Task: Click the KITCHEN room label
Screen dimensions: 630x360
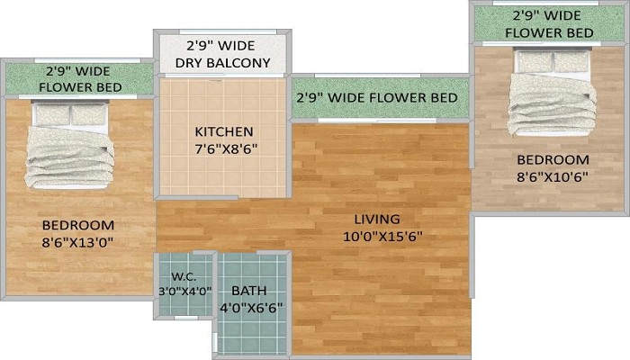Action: [x=224, y=131]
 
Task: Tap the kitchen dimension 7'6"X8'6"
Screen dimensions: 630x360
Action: [x=226, y=149]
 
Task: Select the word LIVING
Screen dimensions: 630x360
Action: [x=377, y=220]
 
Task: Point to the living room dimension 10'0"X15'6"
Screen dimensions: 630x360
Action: [x=382, y=237]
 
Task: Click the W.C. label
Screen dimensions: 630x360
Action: [x=184, y=277]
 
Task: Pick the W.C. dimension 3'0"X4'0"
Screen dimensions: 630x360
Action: [x=184, y=292]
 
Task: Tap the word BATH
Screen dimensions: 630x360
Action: [x=248, y=291]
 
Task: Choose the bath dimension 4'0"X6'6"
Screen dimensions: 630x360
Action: [x=251, y=308]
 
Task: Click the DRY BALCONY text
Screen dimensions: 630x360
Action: [x=222, y=63]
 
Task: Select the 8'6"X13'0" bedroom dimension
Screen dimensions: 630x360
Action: [x=77, y=243]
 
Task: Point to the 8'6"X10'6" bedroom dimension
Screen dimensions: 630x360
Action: [x=553, y=177]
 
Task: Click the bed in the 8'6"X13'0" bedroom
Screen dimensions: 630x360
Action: [x=70, y=146]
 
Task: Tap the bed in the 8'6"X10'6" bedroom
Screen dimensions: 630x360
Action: [x=552, y=93]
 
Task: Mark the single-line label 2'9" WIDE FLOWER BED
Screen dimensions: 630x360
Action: [x=377, y=97]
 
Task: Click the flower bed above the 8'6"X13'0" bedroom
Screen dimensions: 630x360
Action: [x=79, y=79]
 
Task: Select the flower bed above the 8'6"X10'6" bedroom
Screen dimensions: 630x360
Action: [x=548, y=23]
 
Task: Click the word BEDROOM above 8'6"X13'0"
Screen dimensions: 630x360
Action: [x=78, y=225]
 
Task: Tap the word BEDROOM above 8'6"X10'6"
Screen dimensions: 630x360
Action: [x=553, y=160]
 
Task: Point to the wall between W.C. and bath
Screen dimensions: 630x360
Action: [x=215, y=284]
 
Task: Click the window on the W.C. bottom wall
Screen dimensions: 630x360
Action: [x=186, y=318]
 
